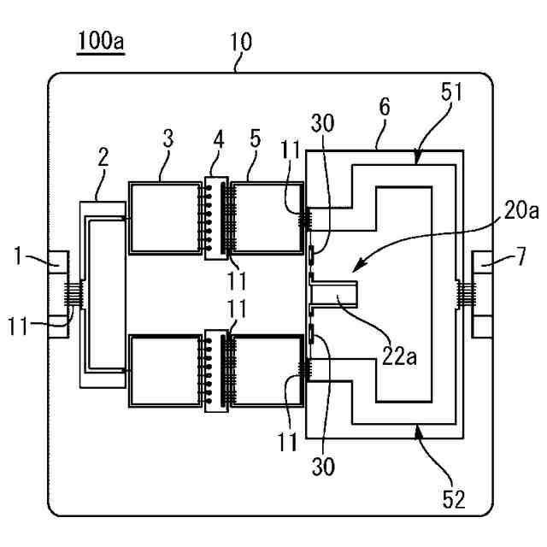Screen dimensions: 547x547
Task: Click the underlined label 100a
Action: (101, 41)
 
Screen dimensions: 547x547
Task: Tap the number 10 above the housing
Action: (241, 42)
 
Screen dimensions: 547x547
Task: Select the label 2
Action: (103, 157)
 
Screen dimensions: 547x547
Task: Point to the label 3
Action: (168, 138)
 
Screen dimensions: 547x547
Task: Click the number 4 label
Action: (218, 140)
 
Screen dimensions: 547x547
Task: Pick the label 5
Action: (256, 139)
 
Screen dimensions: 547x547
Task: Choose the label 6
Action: (385, 107)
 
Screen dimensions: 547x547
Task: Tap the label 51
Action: (451, 91)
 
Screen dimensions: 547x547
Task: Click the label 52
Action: (454, 499)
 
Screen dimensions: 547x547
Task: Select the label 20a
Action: (521, 210)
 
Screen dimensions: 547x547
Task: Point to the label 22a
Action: (399, 356)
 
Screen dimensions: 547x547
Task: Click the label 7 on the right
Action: (521, 256)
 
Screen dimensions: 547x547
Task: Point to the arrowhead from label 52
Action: (418, 431)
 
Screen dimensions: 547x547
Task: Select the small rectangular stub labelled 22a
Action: (334, 295)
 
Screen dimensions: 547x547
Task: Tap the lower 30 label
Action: (323, 466)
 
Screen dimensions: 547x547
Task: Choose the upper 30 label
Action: (322, 123)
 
